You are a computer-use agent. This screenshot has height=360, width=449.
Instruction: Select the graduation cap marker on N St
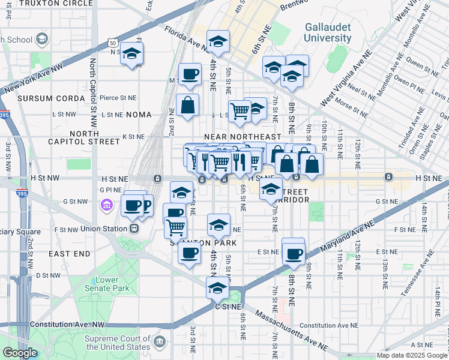click(x=131, y=55)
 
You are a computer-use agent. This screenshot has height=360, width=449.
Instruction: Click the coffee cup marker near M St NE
click(x=190, y=74)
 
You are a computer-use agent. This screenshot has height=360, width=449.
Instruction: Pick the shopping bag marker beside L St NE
click(x=188, y=105)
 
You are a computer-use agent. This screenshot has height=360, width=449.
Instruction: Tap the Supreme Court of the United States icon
click(x=160, y=343)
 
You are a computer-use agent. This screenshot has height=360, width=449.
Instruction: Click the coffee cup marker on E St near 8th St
click(x=294, y=254)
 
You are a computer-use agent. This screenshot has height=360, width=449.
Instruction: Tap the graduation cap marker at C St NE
click(x=217, y=288)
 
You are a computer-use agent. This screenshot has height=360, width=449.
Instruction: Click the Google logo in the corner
click(x=19, y=353)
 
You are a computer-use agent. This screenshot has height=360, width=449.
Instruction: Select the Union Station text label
click(x=103, y=229)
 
